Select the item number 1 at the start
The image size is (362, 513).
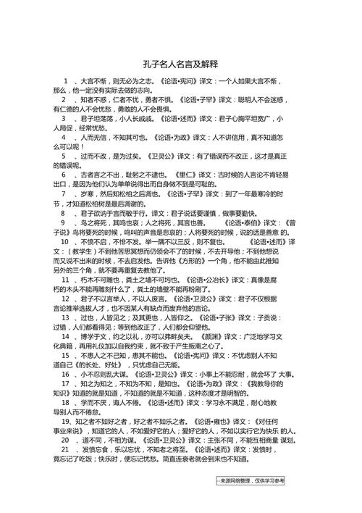click(x=66, y=81)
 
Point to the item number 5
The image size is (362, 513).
click(x=64, y=156)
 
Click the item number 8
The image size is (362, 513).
click(x=64, y=214)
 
